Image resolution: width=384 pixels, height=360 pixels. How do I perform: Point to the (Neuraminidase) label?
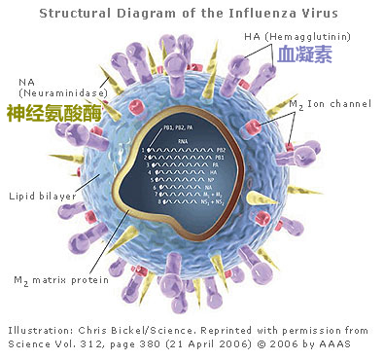click(x=49, y=91)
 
